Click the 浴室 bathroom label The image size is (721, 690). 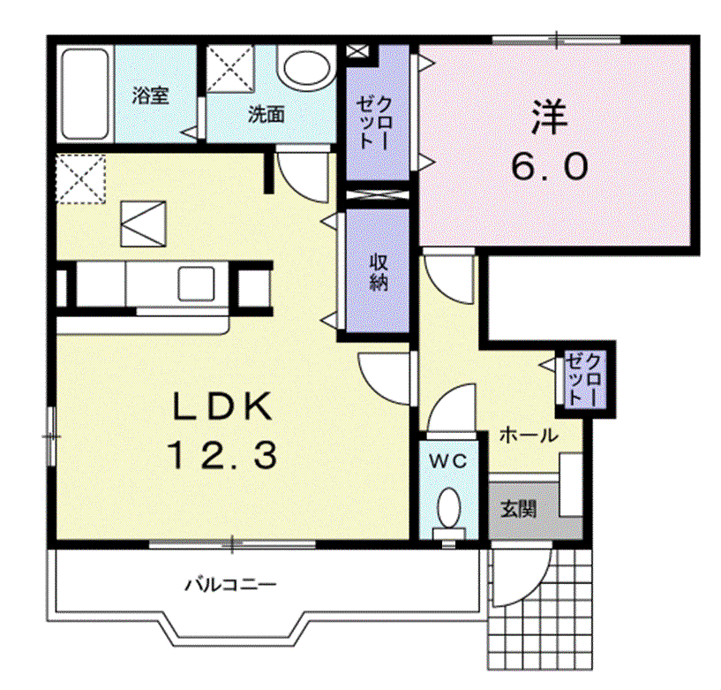click(150, 95)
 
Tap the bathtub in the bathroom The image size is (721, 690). click(85, 94)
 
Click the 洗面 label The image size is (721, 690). click(267, 114)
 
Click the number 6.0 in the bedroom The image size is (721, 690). click(550, 166)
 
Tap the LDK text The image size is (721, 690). click(222, 406)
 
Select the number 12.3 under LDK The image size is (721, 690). click(223, 455)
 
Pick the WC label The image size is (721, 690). click(447, 461)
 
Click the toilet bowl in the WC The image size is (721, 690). click(449, 509)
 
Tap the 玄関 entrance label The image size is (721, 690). click(518, 509)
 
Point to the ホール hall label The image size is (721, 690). click(529, 435)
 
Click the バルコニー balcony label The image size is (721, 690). click(231, 585)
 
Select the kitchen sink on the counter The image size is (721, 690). click(196, 284)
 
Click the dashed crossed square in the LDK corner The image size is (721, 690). click(81, 178)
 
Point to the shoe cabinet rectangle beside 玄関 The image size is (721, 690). click(571, 485)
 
